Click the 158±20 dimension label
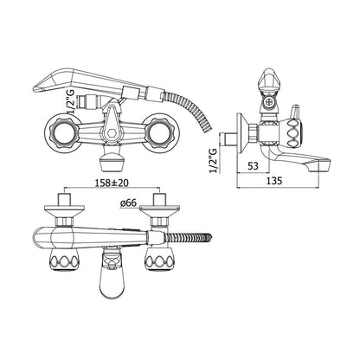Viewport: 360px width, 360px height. click(112, 183)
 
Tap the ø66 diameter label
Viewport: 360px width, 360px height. click(128, 202)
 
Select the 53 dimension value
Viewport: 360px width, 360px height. click(253, 166)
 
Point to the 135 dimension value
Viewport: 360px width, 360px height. click(273, 181)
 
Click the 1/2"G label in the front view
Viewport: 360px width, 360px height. click(70, 101)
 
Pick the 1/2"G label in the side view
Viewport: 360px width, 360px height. click(213, 160)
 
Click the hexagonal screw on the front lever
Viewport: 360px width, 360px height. click(112, 134)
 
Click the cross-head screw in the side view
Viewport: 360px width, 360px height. click(269, 102)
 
